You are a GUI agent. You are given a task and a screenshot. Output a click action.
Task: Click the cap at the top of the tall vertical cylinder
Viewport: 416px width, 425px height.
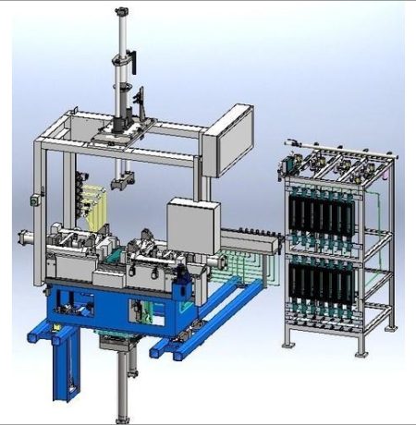[121, 12]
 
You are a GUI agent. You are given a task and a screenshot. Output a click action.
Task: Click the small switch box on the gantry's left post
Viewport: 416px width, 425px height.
[36, 197]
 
